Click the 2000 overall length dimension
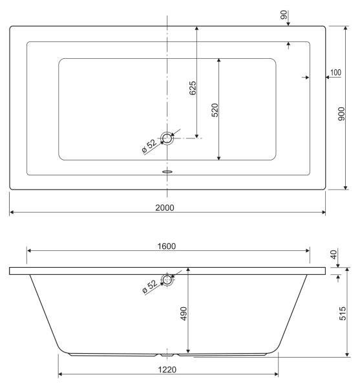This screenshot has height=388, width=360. click(167, 207)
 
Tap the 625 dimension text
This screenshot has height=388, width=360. click(193, 89)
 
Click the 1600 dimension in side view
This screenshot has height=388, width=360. click(167, 246)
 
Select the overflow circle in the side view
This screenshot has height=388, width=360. click(167, 280)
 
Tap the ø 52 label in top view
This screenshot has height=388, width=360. click(149, 146)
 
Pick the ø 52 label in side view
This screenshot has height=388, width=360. click(149, 286)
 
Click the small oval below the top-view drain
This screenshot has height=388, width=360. click(167, 172)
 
